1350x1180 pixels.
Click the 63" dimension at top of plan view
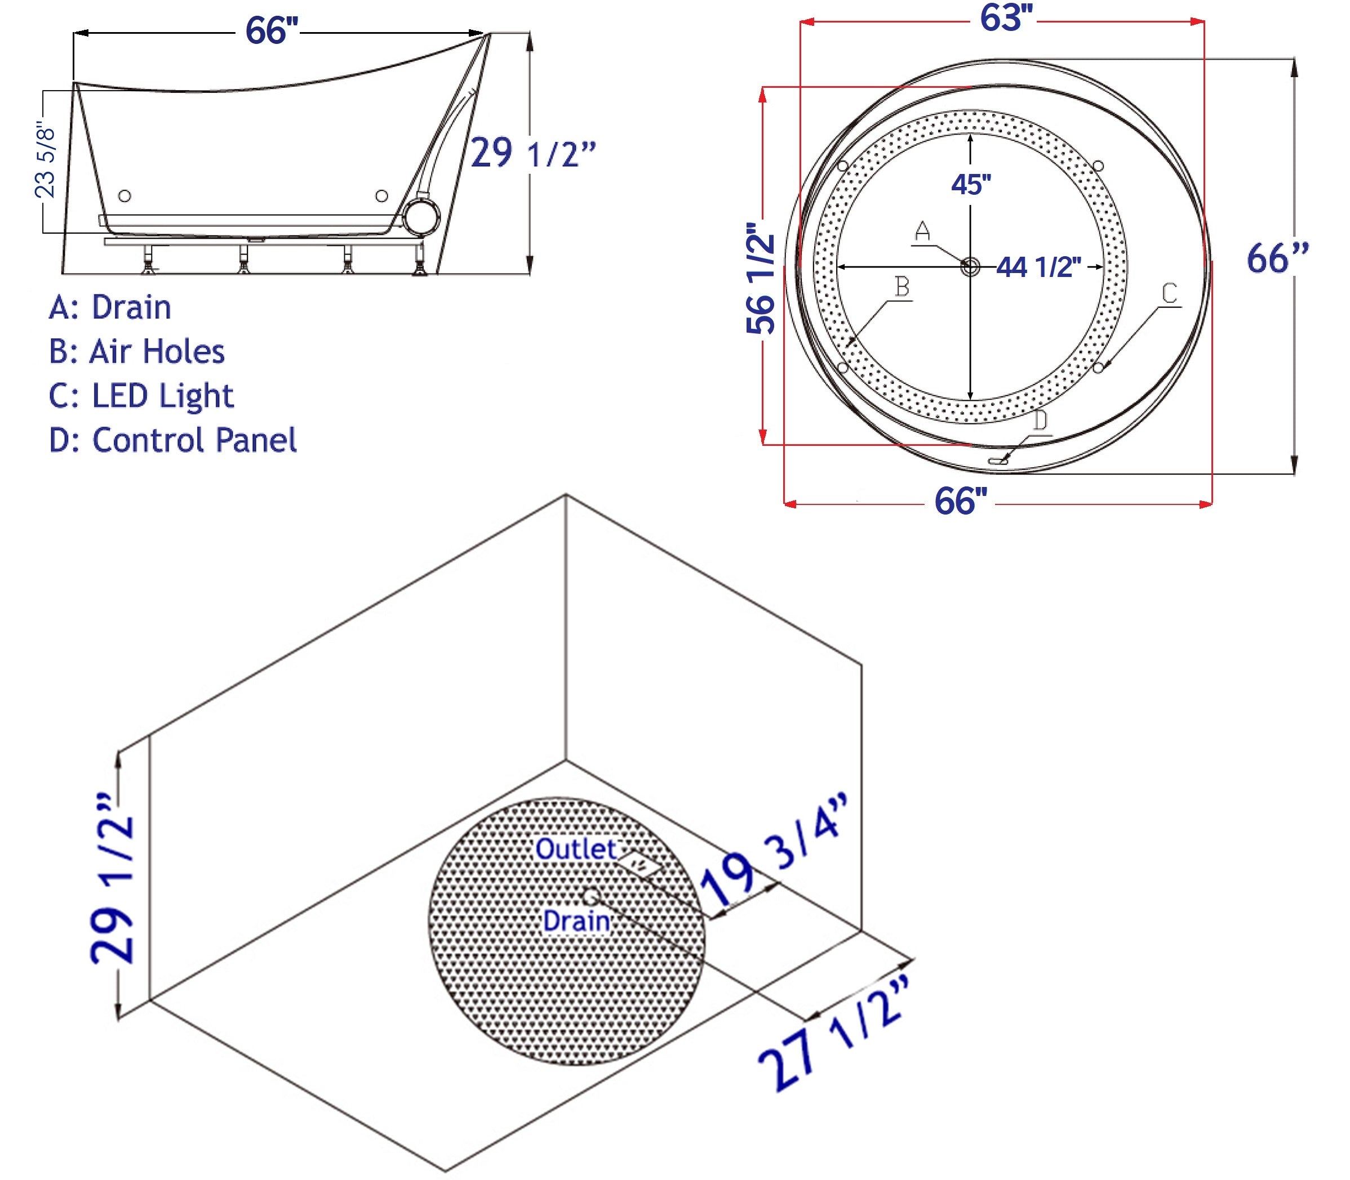[x=1005, y=19]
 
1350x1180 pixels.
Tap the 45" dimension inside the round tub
[x=970, y=185]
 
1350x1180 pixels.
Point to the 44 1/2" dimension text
[x=1038, y=267]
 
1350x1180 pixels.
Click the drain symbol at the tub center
[x=970, y=267]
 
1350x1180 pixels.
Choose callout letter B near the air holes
[x=902, y=287]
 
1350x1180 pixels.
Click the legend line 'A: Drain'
[x=110, y=307]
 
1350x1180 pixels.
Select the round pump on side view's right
[x=420, y=217]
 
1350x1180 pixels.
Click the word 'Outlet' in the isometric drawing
[x=575, y=849]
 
